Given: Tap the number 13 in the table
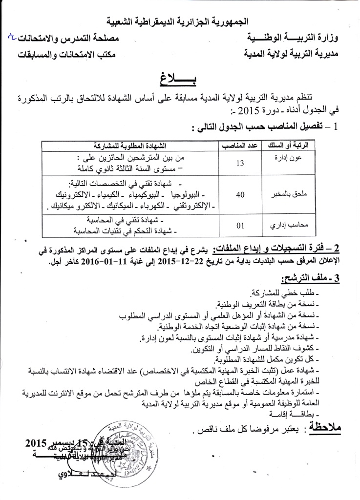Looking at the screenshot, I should [240, 164].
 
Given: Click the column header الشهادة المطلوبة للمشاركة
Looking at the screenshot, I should [129, 145].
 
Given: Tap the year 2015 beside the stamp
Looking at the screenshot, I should [34, 444].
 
